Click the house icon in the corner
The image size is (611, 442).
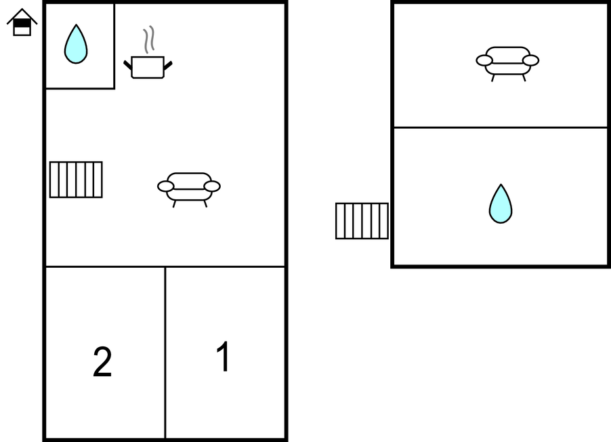(x=22, y=22)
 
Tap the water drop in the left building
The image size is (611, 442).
(x=76, y=44)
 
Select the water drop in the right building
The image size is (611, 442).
(x=501, y=204)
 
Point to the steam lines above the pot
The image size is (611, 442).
(x=149, y=39)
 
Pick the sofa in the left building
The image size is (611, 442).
(x=189, y=190)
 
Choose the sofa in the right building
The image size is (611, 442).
(x=507, y=64)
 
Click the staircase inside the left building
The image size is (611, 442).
(x=76, y=180)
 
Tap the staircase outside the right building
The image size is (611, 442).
(x=362, y=221)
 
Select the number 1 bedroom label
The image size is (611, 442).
(x=224, y=357)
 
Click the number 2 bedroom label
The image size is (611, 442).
(x=102, y=361)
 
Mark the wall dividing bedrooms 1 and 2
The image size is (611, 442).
(x=165, y=353)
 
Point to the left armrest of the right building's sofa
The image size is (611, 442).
(x=484, y=60)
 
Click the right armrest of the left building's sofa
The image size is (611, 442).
(x=212, y=186)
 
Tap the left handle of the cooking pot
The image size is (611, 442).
(x=128, y=65)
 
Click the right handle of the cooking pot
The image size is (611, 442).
(x=168, y=66)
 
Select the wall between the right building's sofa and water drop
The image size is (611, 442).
(x=501, y=127)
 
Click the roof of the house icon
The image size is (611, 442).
(x=22, y=16)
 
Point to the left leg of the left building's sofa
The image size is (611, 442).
(x=174, y=204)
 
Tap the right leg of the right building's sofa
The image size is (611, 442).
(x=524, y=78)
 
